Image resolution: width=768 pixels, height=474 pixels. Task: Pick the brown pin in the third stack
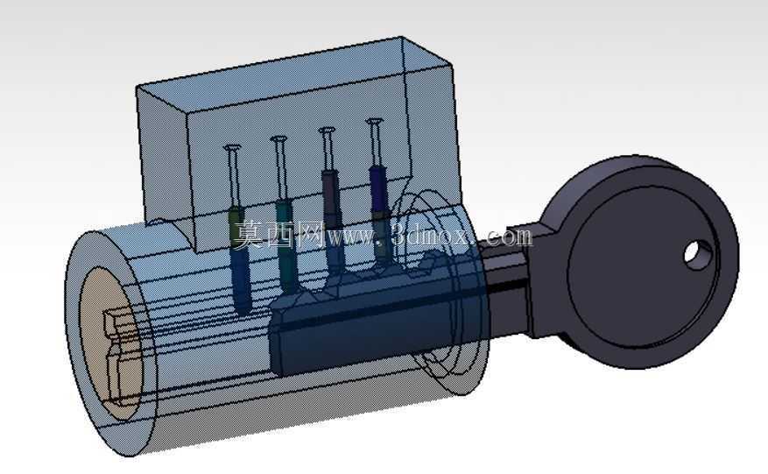330,194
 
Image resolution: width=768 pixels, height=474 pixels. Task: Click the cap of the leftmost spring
232,147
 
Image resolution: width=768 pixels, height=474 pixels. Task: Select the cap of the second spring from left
279,139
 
